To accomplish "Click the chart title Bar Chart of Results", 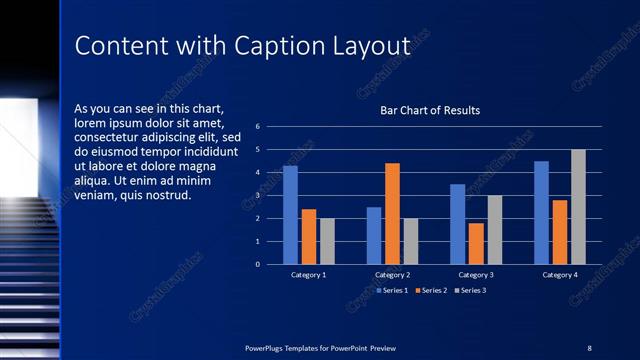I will tap(430, 110).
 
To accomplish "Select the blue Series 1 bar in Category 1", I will tap(290, 215).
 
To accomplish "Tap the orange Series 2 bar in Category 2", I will tap(392, 213).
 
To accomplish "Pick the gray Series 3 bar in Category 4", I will tap(578, 207).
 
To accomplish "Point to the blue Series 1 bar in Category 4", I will tap(541, 212).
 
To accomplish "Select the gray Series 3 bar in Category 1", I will tap(327, 241).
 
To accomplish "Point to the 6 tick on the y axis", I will tap(258, 127).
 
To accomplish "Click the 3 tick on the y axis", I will tap(258, 196).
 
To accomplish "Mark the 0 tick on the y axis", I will tap(258, 265).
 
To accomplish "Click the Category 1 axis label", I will tap(308, 274).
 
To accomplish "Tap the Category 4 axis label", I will tap(560, 274).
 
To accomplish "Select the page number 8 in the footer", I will tap(589, 347).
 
